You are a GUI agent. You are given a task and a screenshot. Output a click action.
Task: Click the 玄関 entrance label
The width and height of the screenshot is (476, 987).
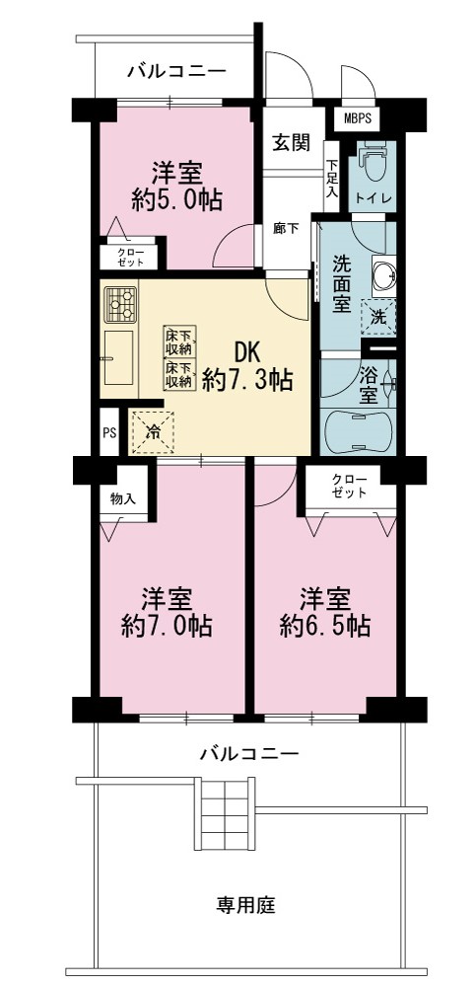[291, 143]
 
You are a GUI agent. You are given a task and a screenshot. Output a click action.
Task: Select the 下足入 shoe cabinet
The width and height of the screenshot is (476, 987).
[331, 177]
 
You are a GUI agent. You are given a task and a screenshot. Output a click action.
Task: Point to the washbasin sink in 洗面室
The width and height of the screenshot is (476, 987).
[383, 275]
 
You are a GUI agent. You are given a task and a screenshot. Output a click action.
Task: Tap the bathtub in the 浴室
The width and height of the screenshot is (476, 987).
[358, 430]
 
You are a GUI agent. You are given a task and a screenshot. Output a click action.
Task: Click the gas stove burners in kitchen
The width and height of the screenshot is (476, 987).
[120, 304]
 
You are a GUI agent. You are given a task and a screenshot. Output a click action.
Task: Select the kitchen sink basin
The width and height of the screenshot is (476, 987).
[118, 357]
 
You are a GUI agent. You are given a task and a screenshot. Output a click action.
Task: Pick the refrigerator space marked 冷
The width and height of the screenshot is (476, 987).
[152, 431]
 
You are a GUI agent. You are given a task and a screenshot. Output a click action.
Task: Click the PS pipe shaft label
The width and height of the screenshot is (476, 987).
[108, 432]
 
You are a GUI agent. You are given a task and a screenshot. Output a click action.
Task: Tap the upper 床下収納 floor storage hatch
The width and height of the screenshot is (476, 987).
[179, 341]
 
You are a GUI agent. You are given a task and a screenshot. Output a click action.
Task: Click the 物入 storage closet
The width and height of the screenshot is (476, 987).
[123, 499]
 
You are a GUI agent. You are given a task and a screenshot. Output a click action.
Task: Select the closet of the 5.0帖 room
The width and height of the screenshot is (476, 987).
[129, 257]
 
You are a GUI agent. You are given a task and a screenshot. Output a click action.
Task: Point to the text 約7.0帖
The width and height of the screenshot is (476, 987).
[166, 626]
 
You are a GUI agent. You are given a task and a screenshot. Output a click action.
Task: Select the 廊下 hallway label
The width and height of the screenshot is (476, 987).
[286, 228]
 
